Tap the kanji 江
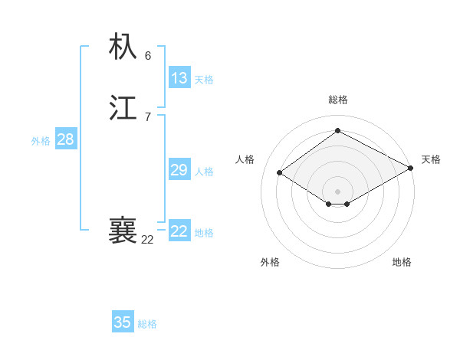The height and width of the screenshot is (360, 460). [123, 108]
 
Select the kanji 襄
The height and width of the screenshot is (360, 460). [123, 231]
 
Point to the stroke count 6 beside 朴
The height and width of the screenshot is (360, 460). [148, 55]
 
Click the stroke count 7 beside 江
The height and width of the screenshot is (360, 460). [148, 117]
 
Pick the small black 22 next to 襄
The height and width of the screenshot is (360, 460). [147, 240]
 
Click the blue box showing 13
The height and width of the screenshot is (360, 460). [179, 78]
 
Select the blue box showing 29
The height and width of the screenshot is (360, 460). [179, 170]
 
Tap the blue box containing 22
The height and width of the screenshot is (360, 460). [179, 231]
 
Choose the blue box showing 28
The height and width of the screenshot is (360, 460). [65, 139]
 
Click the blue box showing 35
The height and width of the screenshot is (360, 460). [123, 322]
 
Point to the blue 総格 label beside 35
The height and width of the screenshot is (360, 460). [147, 324]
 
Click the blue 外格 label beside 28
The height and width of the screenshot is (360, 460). [41, 141]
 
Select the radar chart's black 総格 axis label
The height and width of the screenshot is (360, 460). [338, 100]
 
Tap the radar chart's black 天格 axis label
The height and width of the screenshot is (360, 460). [431, 159]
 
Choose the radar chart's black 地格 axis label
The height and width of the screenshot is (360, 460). [402, 262]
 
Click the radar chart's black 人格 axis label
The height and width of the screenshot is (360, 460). [245, 159]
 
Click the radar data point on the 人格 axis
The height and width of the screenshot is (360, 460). [280, 173]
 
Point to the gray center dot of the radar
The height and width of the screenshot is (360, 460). [338, 191]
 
